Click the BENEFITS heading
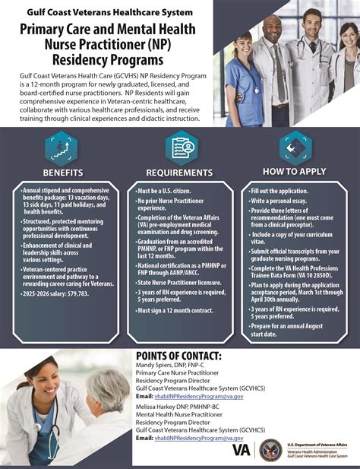tap(62, 171)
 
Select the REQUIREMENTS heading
tap(180, 171)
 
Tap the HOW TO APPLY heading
tap(295, 171)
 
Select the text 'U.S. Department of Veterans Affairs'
tap(317, 442)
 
